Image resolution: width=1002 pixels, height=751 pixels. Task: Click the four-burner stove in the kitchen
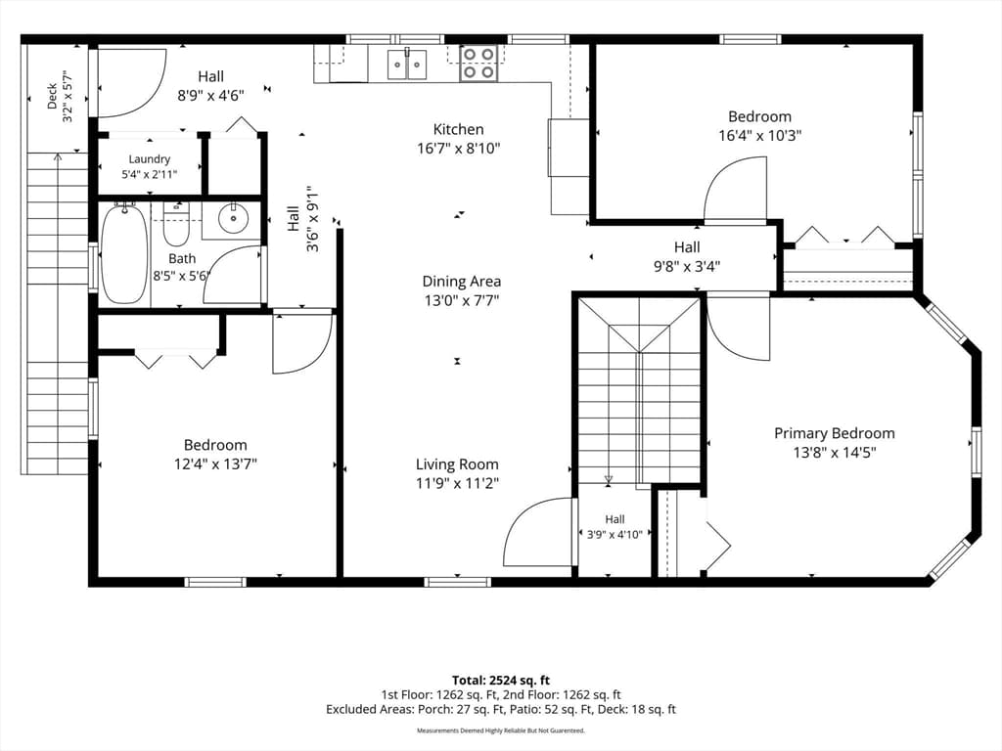[478, 64]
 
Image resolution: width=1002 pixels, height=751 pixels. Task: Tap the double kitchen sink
[407, 64]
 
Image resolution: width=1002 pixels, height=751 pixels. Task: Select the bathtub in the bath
[124, 253]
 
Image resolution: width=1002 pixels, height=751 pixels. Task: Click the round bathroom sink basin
[233, 218]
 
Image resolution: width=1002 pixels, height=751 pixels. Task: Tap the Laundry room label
[150, 159]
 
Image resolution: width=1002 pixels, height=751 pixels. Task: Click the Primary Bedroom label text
[835, 433]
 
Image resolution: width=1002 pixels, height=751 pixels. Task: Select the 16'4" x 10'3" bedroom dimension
[759, 135]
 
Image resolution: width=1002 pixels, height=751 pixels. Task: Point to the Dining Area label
[462, 281]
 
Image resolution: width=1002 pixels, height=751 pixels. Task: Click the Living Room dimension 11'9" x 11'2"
[457, 483]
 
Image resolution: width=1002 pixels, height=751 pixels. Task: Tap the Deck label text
[53, 97]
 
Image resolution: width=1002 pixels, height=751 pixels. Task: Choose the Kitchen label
[458, 129]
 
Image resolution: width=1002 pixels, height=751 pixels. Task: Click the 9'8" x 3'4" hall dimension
[687, 266]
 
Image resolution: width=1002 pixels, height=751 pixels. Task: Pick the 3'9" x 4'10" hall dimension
[615, 535]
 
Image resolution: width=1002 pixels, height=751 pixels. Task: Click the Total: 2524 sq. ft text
[501, 681]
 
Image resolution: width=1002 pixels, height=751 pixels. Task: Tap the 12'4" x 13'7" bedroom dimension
[215, 464]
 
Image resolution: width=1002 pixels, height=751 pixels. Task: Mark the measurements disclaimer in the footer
[501, 730]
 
